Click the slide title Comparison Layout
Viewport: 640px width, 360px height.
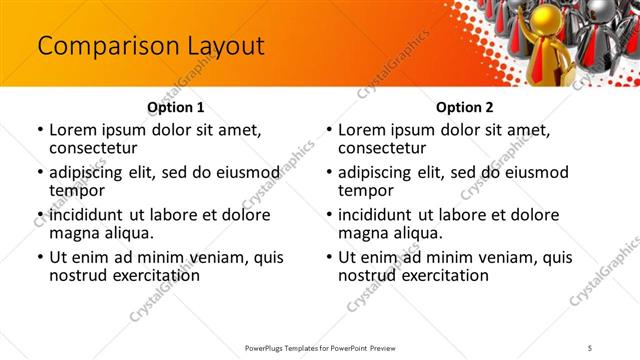[x=150, y=46]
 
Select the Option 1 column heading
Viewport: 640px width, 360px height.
[x=176, y=107]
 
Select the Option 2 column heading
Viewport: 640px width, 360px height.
[x=464, y=107]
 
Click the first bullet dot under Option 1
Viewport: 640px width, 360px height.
[x=39, y=131]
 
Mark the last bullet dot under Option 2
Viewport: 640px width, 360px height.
[x=329, y=257]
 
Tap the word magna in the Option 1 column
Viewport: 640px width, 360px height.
[x=75, y=233]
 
